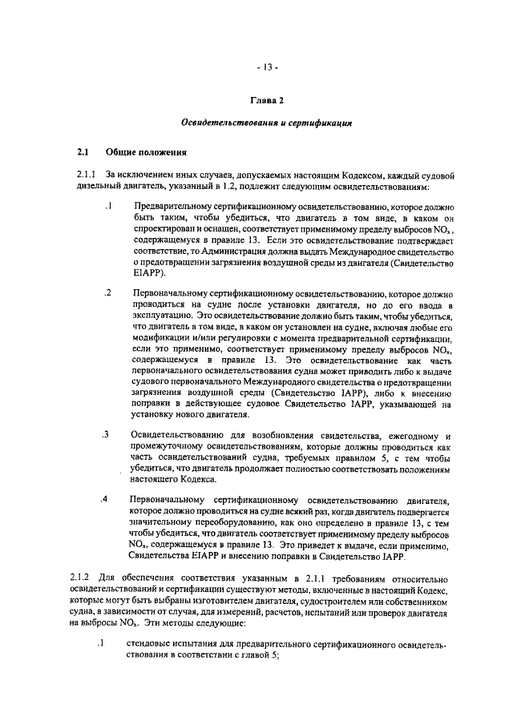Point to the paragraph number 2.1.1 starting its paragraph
(x=86, y=174)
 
